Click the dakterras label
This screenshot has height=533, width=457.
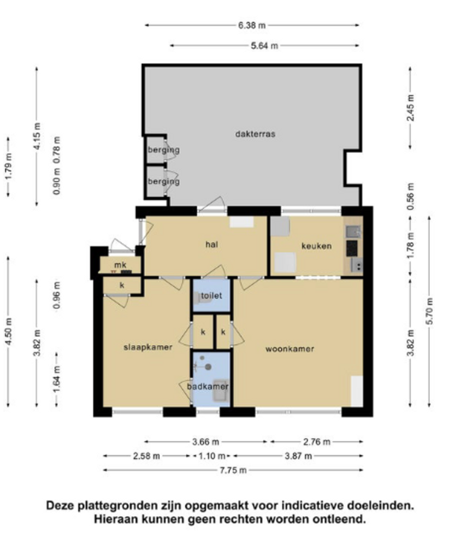255,134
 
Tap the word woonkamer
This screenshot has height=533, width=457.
290,349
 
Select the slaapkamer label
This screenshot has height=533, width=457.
148,347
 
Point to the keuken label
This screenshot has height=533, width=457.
316,246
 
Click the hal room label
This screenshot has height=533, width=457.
211,245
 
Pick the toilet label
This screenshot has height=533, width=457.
211,296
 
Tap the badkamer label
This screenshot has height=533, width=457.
207,387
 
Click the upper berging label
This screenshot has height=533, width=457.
163,150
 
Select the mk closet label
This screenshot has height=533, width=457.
120,265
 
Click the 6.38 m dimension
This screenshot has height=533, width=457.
252,25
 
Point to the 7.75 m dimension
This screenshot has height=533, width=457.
233,470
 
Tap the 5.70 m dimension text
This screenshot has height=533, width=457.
430,311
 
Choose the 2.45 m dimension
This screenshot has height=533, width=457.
411,107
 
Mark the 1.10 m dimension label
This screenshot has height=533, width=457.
211,456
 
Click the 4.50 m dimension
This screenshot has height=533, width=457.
9,332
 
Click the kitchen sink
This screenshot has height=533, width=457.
353,232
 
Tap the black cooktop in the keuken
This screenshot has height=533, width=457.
352,248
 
